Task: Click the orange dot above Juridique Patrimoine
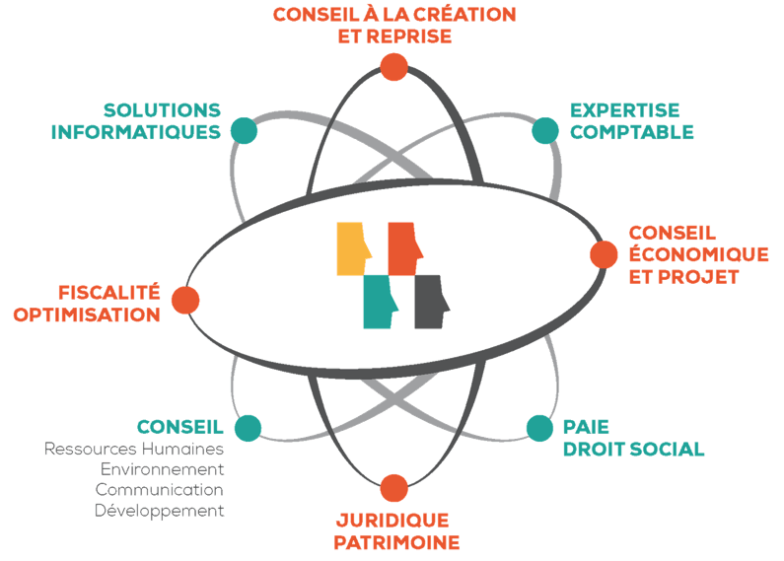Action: pyautogui.click(x=393, y=488)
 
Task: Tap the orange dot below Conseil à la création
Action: pyautogui.click(x=393, y=67)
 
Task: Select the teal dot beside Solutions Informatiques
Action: pyautogui.click(x=243, y=130)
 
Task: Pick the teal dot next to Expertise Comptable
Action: pyautogui.click(x=544, y=130)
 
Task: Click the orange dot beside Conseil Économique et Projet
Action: pyautogui.click(x=604, y=254)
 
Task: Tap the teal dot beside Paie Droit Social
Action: pyautogui.click(x=538, y=428)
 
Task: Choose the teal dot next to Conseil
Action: pyautogui.click(x=248, y=428)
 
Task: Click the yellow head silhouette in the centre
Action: pyautogui.click(x=354, y=247)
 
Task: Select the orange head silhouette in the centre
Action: pyautogui.click(x=404, y=247)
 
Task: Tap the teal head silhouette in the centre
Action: pyautogui.click(x=380, y=302)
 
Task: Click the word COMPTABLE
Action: pyautogui.click(x=631, y=131)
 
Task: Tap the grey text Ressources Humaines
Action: pyautogui.click(x=134, y=449)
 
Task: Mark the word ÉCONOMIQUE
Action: pyautogui.click(x=698, y=254)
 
